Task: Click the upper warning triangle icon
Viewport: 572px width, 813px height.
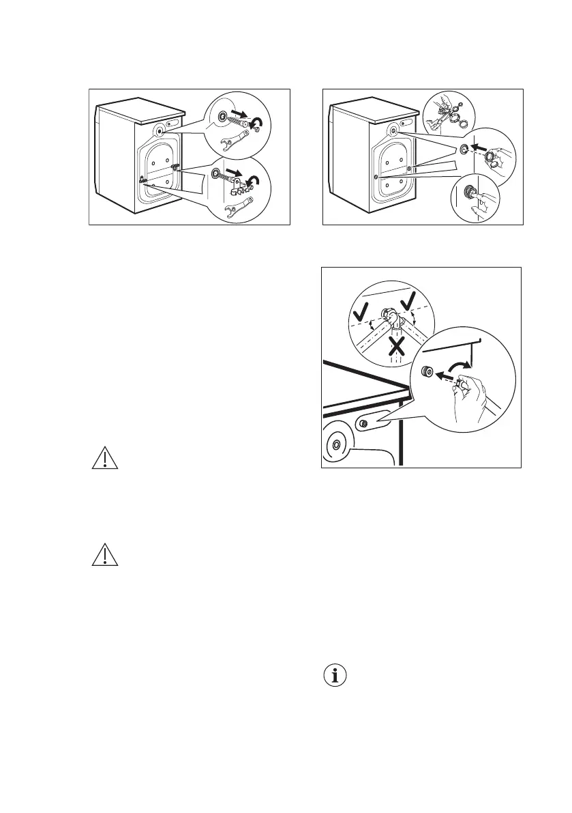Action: [105, 459]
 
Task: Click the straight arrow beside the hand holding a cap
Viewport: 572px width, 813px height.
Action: [480, 147]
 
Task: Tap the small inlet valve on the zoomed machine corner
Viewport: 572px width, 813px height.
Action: [363, 425]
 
